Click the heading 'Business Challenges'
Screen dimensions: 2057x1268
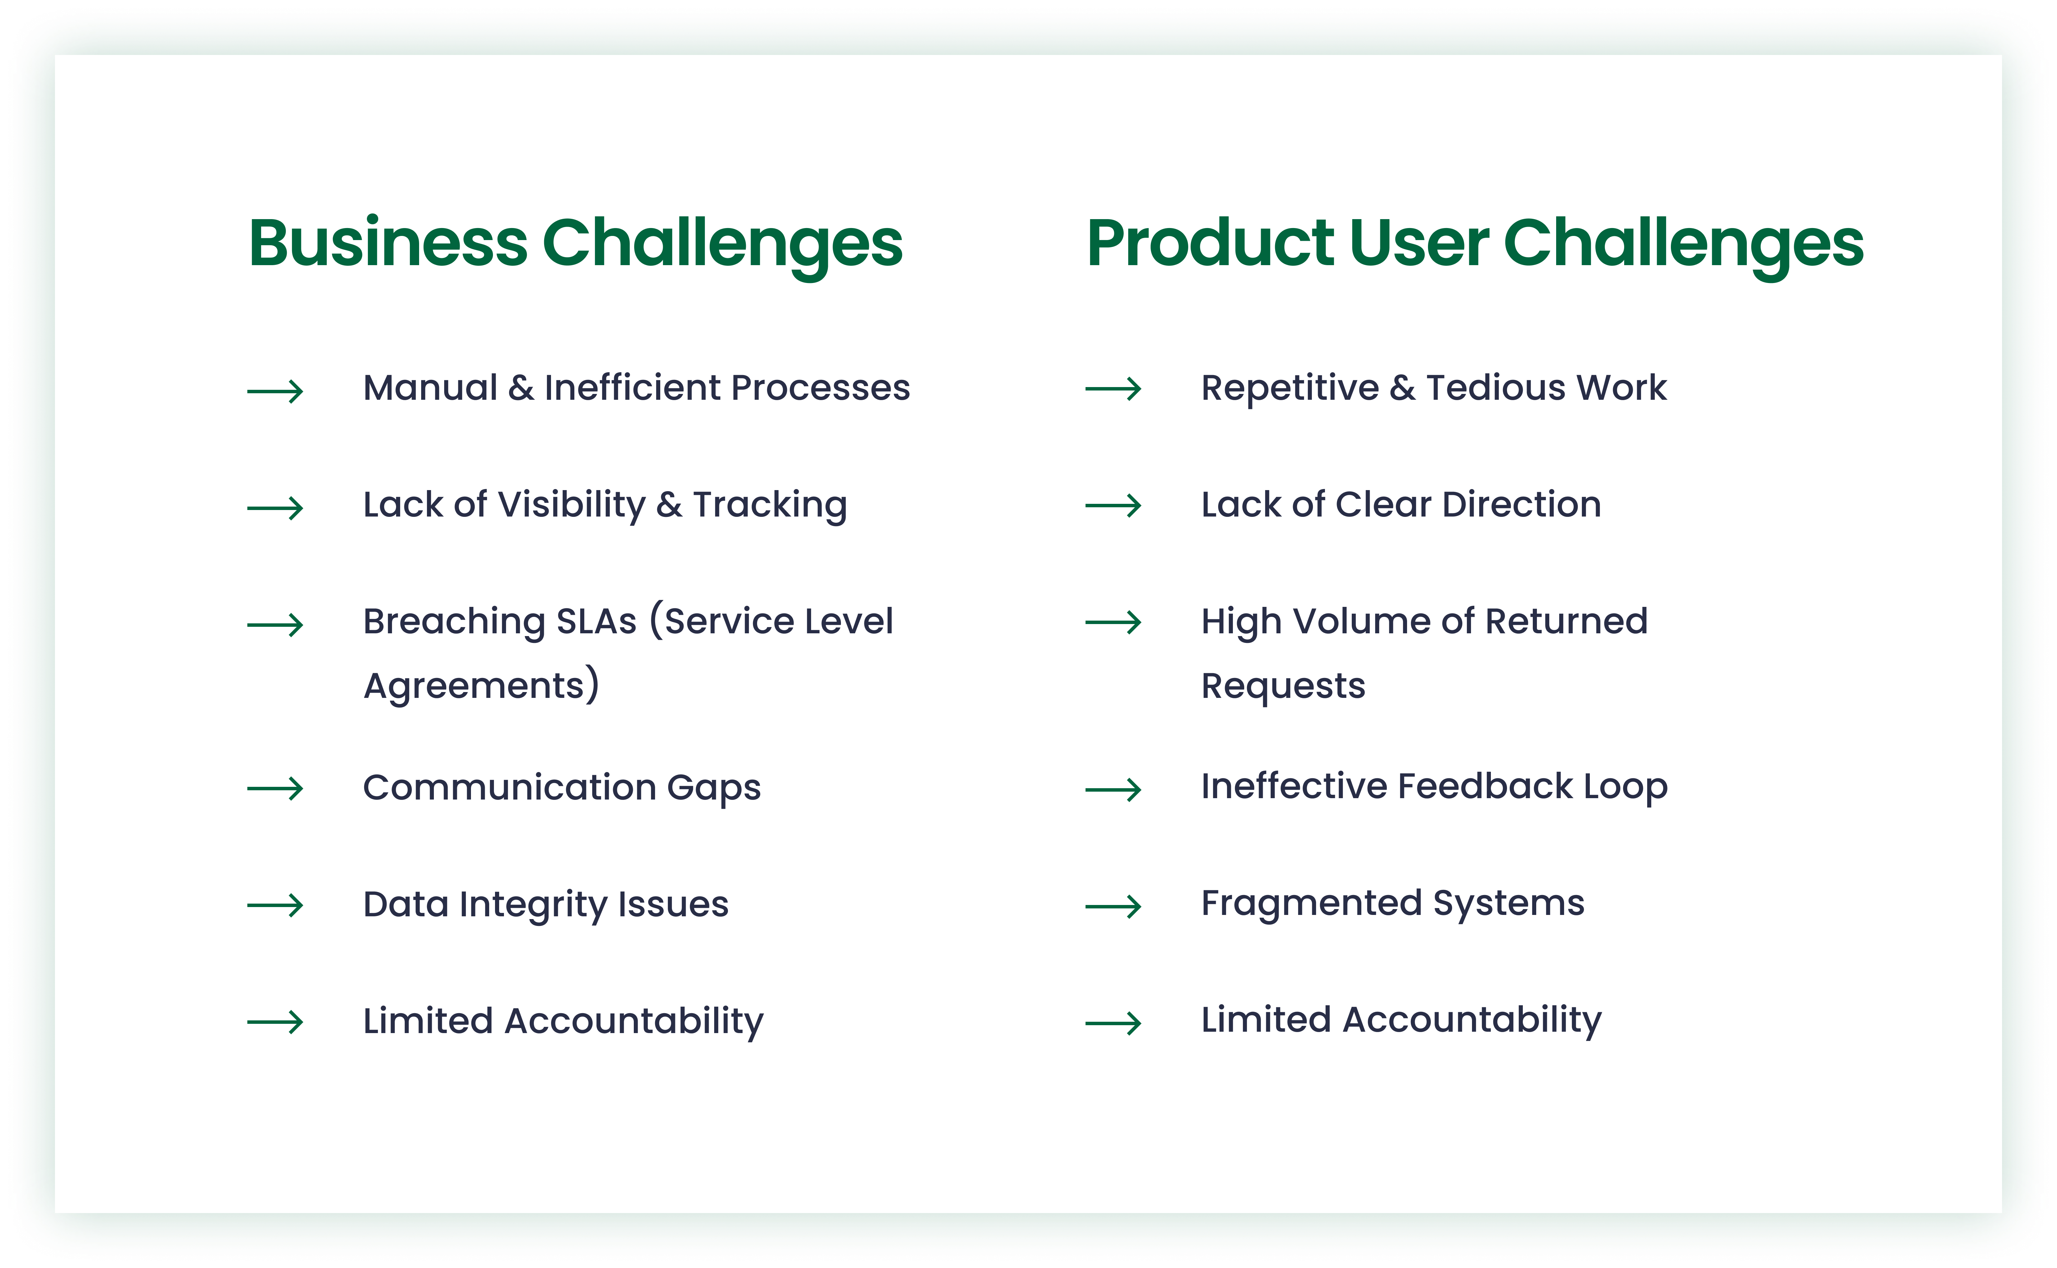575,245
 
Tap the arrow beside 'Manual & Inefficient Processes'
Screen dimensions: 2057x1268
275,391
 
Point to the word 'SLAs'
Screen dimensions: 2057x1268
596,621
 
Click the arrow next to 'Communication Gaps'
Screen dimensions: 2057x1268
275,788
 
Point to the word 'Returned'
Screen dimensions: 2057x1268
1566,621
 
